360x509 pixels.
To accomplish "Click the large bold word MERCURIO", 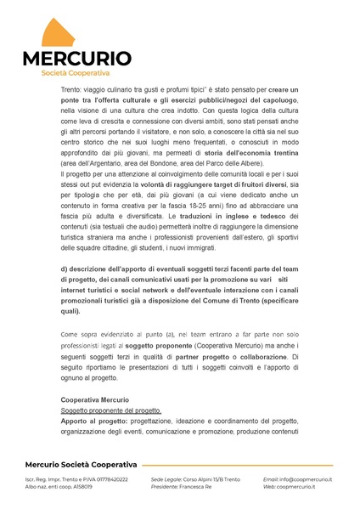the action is tap(76, 59).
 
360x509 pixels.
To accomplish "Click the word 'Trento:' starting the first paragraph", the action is tap(74, 89).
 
